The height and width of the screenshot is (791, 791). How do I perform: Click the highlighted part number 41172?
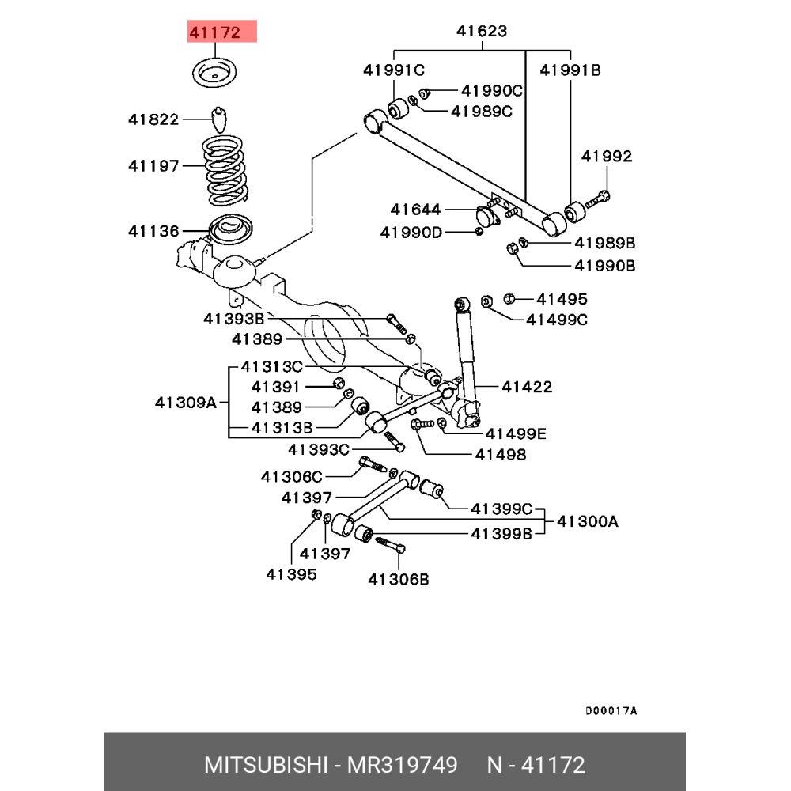pos(215,32)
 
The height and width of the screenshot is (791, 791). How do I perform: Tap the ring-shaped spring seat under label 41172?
pos(214,74)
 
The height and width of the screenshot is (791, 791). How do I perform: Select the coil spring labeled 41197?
pos(225,170)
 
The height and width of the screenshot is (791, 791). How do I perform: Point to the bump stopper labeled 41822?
pos(218,119)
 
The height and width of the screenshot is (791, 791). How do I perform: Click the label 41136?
pos(154,231)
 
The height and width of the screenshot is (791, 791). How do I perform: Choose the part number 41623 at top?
pos(482,31)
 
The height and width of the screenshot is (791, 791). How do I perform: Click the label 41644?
pos(416,209)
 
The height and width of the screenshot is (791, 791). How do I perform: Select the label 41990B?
pos(605,265)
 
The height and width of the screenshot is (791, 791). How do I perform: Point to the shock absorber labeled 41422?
pos(466,361)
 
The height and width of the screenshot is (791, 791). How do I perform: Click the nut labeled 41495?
pos(509,298)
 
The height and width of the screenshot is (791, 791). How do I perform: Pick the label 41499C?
pos(557,320)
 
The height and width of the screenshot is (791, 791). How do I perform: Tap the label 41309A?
pos(186,402)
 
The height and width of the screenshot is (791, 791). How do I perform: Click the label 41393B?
pos(234,318)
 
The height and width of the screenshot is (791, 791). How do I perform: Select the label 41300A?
pos(588,520)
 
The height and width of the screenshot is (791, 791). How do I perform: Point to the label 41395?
pos(292,574)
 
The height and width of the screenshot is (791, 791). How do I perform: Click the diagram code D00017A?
pos(611,711)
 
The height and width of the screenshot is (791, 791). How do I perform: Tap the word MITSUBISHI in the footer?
pos(266,765)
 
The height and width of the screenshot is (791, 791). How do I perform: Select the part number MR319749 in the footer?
pos(402,765)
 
